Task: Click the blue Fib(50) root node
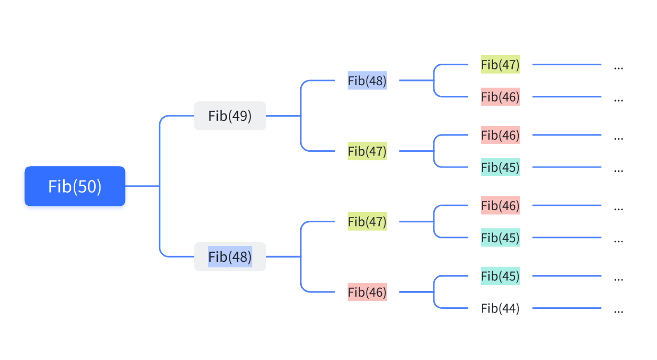point(75,186)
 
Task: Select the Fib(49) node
point(230,116)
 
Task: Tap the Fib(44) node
point(500,308)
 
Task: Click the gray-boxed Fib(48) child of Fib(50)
point(230,257)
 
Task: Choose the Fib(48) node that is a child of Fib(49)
point(367,81)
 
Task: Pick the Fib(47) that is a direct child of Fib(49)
point(367,151)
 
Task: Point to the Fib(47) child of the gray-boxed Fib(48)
point(367,222)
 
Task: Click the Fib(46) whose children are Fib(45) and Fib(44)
point(367,292)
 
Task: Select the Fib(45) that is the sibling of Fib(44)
point(500,276)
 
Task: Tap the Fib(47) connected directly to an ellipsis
point(500,65)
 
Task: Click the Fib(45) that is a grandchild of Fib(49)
point(500,168)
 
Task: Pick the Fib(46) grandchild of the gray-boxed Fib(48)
point(500,206)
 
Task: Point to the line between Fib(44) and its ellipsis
point(566,308)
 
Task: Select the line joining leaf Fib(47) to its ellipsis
point(566,65)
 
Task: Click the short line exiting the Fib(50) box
point(142,186)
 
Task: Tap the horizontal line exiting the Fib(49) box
point(283,116)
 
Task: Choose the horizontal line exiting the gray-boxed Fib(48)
point(283,257)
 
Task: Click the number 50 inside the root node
point(87,186)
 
